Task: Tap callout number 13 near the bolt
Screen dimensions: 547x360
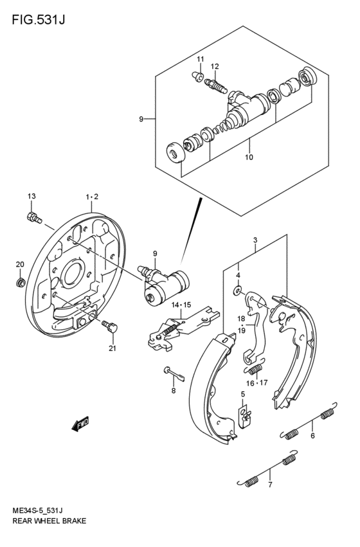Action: tap(31, 196)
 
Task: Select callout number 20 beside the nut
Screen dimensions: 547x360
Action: tap(20, 265)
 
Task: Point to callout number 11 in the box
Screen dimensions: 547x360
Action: tap(200, 60)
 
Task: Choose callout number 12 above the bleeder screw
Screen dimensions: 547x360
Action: tap(215, 66)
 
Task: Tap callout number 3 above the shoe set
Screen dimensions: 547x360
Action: tap(255, 241)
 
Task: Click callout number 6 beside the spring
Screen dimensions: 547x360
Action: tap(312, 436)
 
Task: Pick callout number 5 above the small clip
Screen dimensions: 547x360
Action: tap(243, 394)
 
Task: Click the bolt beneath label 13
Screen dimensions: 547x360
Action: tap(33, 217)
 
